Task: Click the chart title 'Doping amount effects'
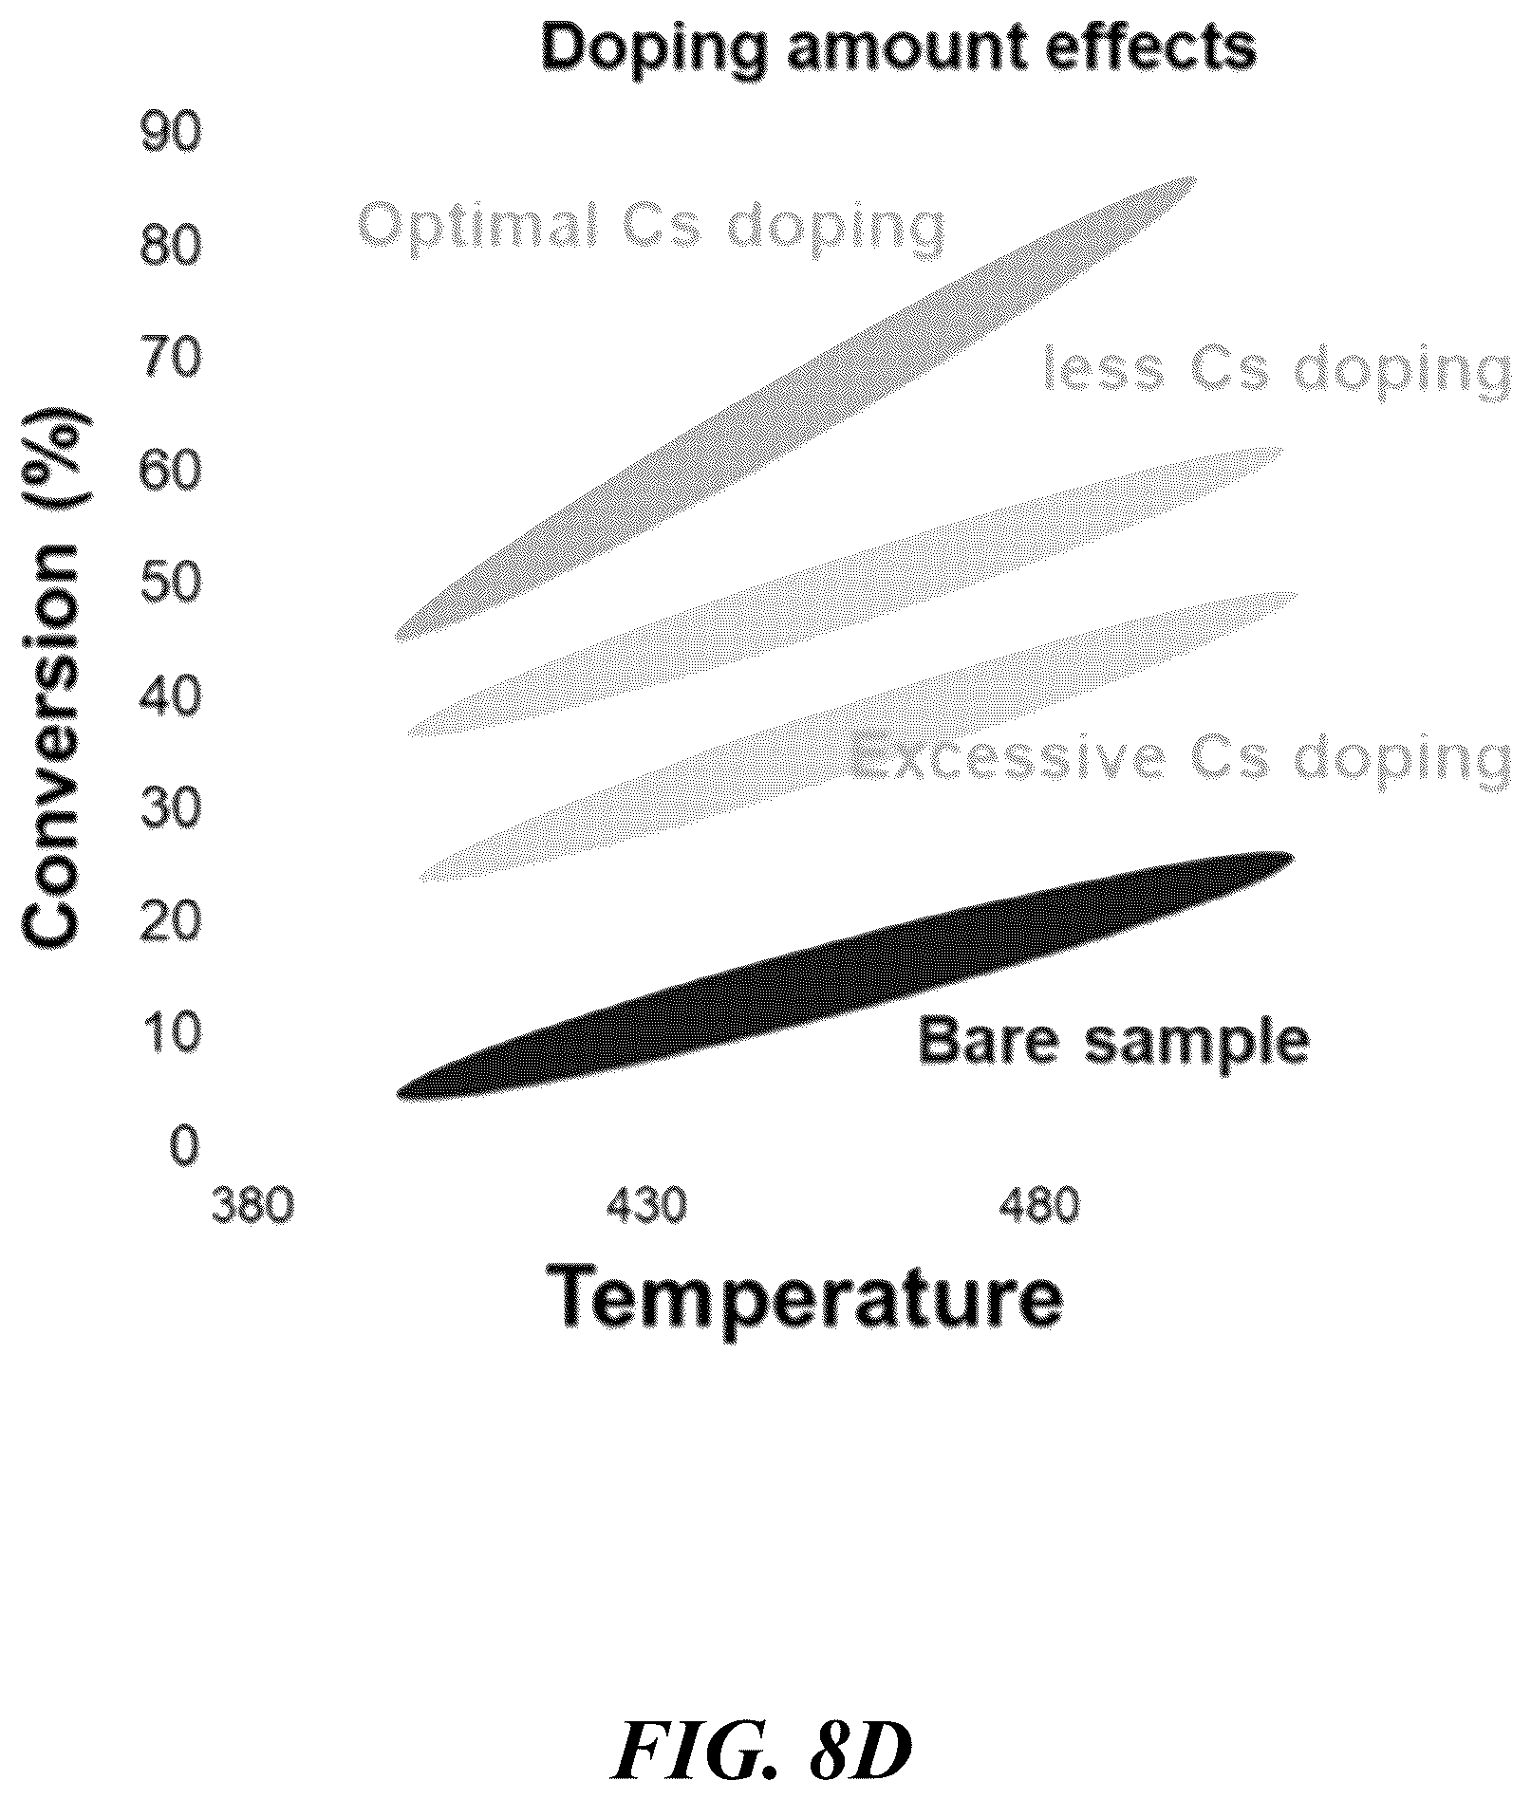[898, 47]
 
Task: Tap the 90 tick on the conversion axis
[171, 135]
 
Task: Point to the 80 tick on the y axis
[171, 247]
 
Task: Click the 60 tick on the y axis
[171, 471]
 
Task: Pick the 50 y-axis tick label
[171, 583]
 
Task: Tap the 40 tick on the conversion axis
[171, 695]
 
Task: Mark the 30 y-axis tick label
[171, 807]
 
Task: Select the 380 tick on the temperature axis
[252, 1206]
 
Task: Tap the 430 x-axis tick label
[646, 1206]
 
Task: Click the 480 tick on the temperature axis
[1039, 1206]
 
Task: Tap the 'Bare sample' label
[1113, 1042]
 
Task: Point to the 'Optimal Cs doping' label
[651, 227]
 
